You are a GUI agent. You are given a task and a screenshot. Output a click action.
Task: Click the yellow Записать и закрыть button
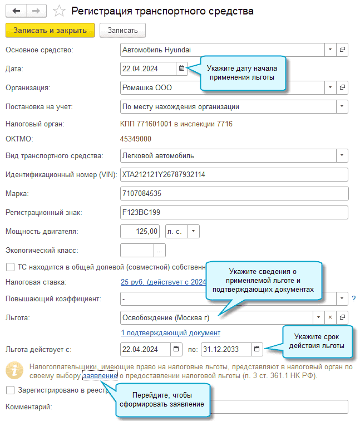click(x=50, y=30)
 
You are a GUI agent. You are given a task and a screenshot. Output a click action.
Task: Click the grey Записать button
click(x=122, y=30)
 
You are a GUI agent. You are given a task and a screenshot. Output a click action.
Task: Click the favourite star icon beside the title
click(x=60, y=11)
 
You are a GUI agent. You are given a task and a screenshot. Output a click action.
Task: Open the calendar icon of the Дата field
click(x=181, y=68)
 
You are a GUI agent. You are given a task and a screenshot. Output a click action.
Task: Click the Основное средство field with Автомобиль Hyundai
click(x=222, y=50)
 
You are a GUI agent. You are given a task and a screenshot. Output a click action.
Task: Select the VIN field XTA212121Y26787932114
click(x=234, y=175)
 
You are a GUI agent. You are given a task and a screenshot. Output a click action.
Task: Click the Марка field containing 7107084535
click(x=234, y=194)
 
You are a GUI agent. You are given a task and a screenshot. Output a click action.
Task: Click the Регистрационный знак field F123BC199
click(x=234, y=213)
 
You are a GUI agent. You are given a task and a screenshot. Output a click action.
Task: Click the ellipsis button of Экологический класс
click(x=160, y=250)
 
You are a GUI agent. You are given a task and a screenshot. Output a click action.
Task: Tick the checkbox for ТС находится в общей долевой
click(x=9, y=267)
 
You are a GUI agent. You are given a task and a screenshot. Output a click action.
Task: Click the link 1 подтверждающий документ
click(x=170, y=333)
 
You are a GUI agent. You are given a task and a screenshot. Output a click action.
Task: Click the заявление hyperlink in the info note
click(x=100, y=376)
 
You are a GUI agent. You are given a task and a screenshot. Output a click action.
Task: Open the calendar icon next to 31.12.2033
click(x=257, y=350)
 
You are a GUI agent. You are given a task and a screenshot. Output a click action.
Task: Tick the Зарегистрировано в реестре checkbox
click(x=9, y=390)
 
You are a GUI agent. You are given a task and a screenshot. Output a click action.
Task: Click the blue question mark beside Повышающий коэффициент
click(x=353, y=299)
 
